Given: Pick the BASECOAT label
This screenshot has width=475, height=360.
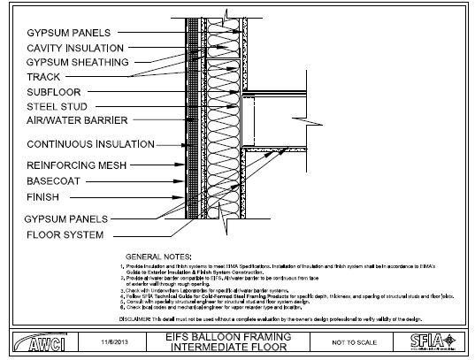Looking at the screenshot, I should click(55, 181).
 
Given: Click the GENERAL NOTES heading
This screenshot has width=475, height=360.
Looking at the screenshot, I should click(160, 256).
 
